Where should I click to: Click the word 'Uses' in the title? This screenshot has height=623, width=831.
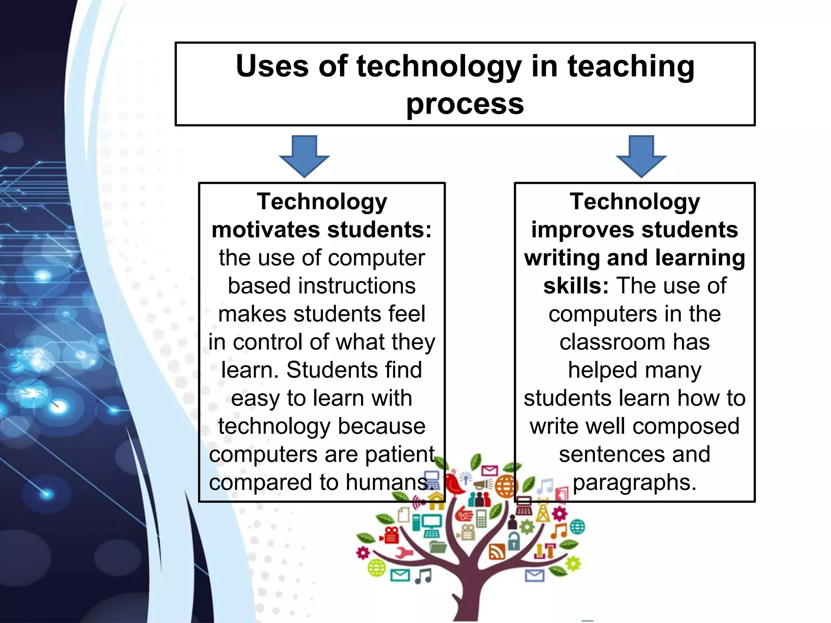(x=272, y=66)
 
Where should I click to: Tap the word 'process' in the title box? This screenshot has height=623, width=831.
(x=465, y=104)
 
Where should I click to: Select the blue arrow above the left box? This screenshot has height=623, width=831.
(x=304, y=156)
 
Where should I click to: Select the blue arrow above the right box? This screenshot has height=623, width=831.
(x=641, y=156)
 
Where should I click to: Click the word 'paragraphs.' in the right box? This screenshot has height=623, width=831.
(x=635, y=482)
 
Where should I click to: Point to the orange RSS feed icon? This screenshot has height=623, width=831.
(x=497, y=552)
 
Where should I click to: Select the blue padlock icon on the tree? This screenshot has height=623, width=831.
(x=514, y=541)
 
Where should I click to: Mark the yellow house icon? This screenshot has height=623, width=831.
(x=437, y=504)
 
